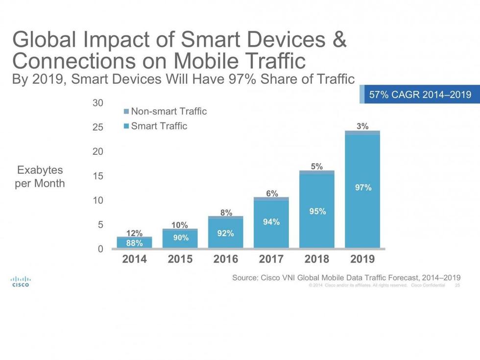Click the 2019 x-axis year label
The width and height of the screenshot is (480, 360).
[362, 259]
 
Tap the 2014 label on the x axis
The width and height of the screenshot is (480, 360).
[134, 259]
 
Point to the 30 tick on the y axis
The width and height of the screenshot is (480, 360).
[98, 103]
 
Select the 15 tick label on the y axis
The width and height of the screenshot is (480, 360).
[98, 176]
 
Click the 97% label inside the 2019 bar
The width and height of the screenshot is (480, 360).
[363, 187]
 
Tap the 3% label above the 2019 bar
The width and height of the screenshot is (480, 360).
[362, 126]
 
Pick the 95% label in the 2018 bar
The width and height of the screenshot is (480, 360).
[317, 211]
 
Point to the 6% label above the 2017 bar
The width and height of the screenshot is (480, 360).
[272, 193]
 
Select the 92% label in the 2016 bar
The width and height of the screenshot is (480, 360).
[225, 233]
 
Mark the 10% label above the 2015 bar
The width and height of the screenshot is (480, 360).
[179, 225]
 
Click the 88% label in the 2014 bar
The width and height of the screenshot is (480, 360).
[134, 242]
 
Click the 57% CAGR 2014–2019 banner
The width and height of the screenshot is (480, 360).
[420, 95]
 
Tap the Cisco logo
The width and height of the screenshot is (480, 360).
[20, 281]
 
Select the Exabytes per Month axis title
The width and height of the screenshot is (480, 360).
[40, 177]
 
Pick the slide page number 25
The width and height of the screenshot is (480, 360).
[457, 285]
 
